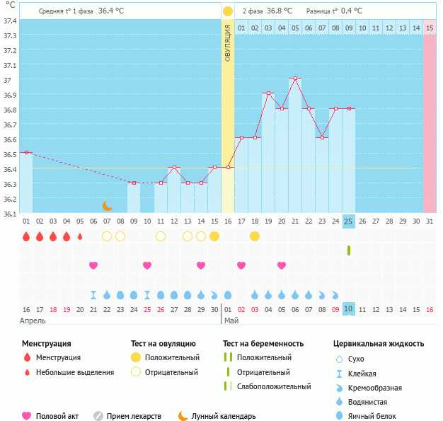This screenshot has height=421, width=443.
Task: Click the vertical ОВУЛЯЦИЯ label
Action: (228, 42)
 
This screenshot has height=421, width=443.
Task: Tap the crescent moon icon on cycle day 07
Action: (107, 206)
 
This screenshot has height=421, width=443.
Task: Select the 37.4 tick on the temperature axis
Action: (10, 21)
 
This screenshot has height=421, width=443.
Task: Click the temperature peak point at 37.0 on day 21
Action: (295, 79)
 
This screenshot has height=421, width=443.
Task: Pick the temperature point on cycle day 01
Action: (26, 152)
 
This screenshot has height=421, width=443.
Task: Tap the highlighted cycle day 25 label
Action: (348, 221)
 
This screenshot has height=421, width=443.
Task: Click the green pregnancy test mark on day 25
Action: (348, 250)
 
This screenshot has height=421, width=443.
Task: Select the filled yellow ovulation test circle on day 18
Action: (255, 236)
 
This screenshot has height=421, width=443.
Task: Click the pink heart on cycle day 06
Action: (93, 265)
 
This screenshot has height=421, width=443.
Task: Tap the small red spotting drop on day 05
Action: (80, 236)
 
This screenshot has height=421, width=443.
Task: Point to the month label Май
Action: (231, 321)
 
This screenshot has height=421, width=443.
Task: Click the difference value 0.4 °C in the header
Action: (352, 11)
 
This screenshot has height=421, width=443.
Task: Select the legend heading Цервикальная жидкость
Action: (379, 344)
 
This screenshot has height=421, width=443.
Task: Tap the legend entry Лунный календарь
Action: (223, 417)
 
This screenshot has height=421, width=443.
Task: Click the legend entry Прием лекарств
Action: (134, 417)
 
